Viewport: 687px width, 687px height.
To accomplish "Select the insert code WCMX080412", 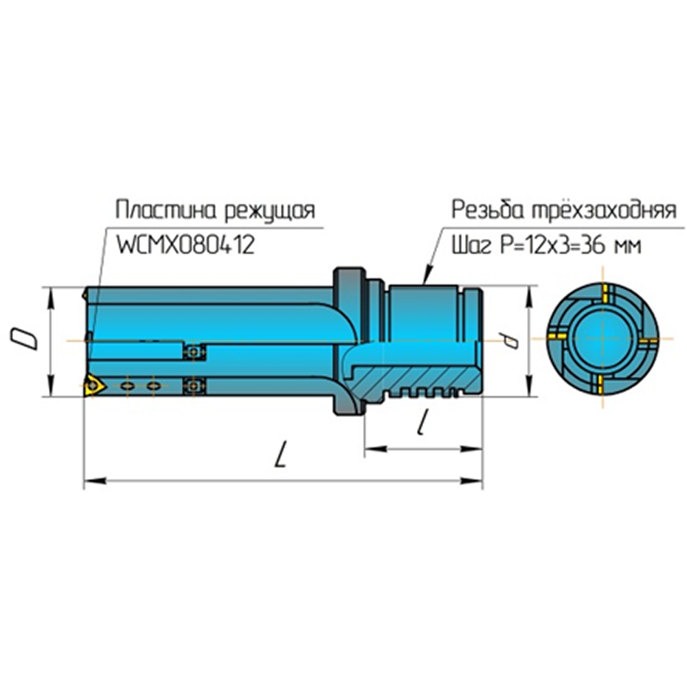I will click(185, 245).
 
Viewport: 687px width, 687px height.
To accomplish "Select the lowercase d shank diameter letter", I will click(509, 340).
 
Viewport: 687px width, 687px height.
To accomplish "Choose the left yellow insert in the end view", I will click(557, 337).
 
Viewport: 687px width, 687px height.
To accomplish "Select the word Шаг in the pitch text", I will click(467, 245).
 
